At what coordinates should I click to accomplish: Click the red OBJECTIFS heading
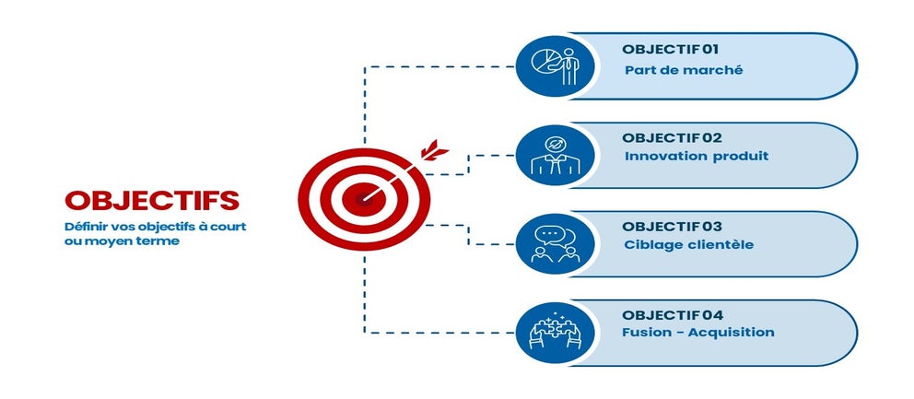click(152, 200)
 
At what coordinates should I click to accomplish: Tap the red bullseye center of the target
click(364, 199)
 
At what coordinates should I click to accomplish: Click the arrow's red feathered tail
click(434, 150)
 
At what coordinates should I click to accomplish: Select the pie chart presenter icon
click(556, 66)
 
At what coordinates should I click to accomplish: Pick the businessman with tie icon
click(556, 156)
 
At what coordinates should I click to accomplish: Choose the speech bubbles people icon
click(556, 244)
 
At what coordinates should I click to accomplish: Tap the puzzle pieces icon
click(556, 333)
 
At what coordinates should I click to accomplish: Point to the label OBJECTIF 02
click(672, 138)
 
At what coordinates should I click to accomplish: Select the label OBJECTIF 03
click(672, 227)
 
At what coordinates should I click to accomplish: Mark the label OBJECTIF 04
click(672, 315)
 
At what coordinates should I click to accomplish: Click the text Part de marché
click(684, 70)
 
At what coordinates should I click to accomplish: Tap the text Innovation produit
click(697, 157)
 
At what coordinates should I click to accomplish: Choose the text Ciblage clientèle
click(689, 244)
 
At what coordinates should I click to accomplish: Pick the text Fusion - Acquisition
click(698, 333)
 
